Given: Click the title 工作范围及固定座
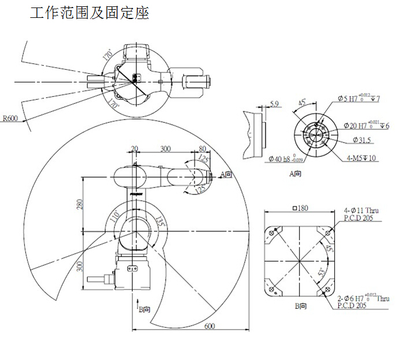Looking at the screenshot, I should tap(89, 13).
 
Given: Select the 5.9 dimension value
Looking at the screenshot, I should tap(275, 104).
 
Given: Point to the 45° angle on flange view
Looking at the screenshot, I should tap(302, 102).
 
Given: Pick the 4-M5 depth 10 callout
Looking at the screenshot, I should tap(362, 157).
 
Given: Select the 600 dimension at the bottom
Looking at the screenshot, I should tap(210, 326).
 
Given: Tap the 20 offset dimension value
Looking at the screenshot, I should tap(135, 148).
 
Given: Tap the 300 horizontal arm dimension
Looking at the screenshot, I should tap(166, 148).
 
